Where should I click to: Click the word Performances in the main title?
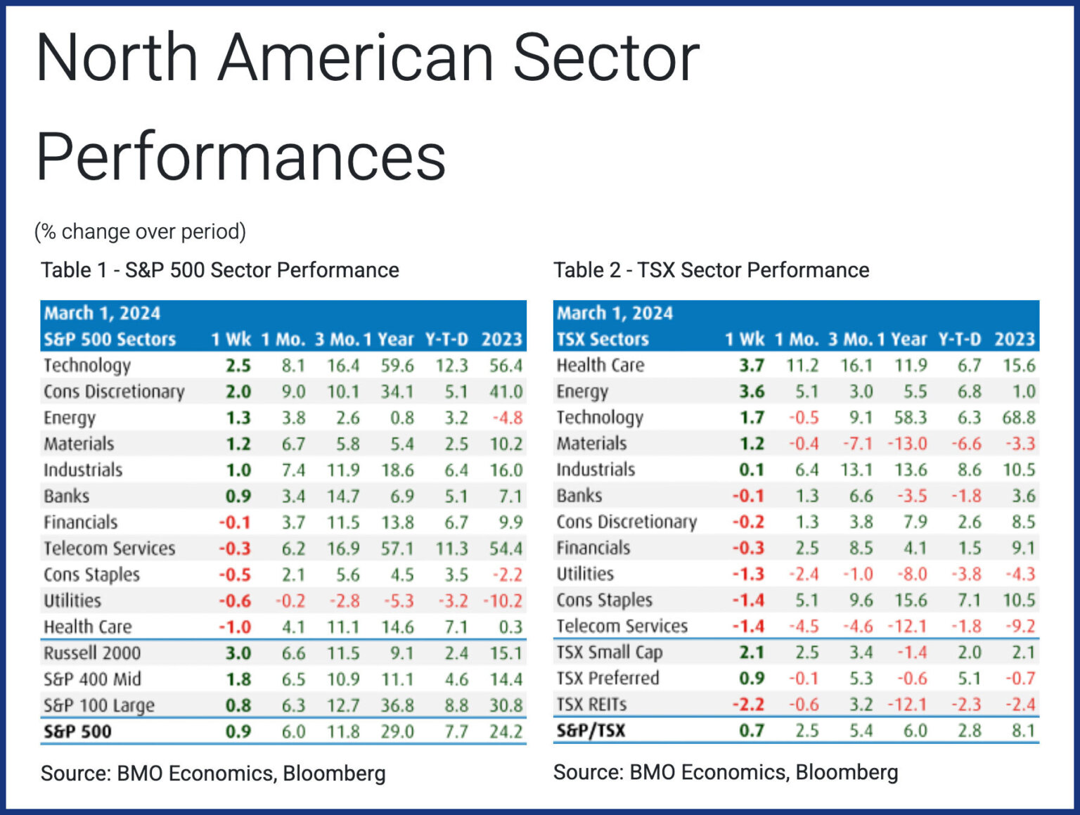click(x=240, y=157)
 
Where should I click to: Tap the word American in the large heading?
click(x=356, y=58)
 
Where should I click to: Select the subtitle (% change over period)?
click(x=140, y=231)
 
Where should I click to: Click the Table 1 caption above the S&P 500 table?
click(x=219, y=270)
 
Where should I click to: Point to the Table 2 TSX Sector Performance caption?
click(x=711, y=270)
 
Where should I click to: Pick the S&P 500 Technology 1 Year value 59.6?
click(x=397, y=366)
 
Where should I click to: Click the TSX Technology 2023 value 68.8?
click(x=1019, y=418)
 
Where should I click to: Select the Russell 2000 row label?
click(x=92, y=653)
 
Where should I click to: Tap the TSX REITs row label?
click(x=591, y=705)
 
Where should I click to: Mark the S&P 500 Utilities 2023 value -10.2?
click(x=503, y=601)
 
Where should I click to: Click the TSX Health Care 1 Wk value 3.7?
click(x=751, y=366)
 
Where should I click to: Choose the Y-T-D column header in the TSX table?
click(x=959, y=340)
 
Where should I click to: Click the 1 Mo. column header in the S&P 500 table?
click(x=283, y=340)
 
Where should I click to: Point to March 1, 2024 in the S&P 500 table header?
click(x=102, y=314)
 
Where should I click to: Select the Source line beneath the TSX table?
click(x=726, y=772)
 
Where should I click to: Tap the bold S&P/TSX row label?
click(x=591, y=731)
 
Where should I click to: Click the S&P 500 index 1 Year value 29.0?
click(x=397, y=732)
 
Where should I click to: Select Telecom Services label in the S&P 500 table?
click(x=109, y=548)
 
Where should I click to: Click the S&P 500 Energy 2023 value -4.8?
click(x=507, y=418)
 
